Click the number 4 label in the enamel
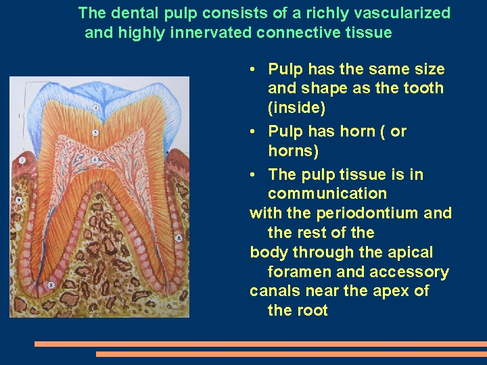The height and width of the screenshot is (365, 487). point(95,107)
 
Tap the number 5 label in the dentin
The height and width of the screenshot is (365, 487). point(95,133)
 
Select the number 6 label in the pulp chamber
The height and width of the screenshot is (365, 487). point(95,160)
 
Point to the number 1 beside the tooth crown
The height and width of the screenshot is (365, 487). point(19,116)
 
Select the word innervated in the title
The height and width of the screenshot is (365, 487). point(218,32)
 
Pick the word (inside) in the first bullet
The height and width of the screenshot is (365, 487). point(296,108)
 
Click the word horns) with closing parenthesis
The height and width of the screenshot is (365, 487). point(293,151)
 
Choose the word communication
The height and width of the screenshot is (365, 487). point(327,194)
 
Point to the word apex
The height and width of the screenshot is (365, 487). point(395,291)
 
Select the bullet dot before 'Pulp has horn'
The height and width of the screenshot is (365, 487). point(252,132)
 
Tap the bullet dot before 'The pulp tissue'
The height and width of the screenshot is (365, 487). point(252,175)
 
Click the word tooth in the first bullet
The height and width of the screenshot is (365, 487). point(423,89)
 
